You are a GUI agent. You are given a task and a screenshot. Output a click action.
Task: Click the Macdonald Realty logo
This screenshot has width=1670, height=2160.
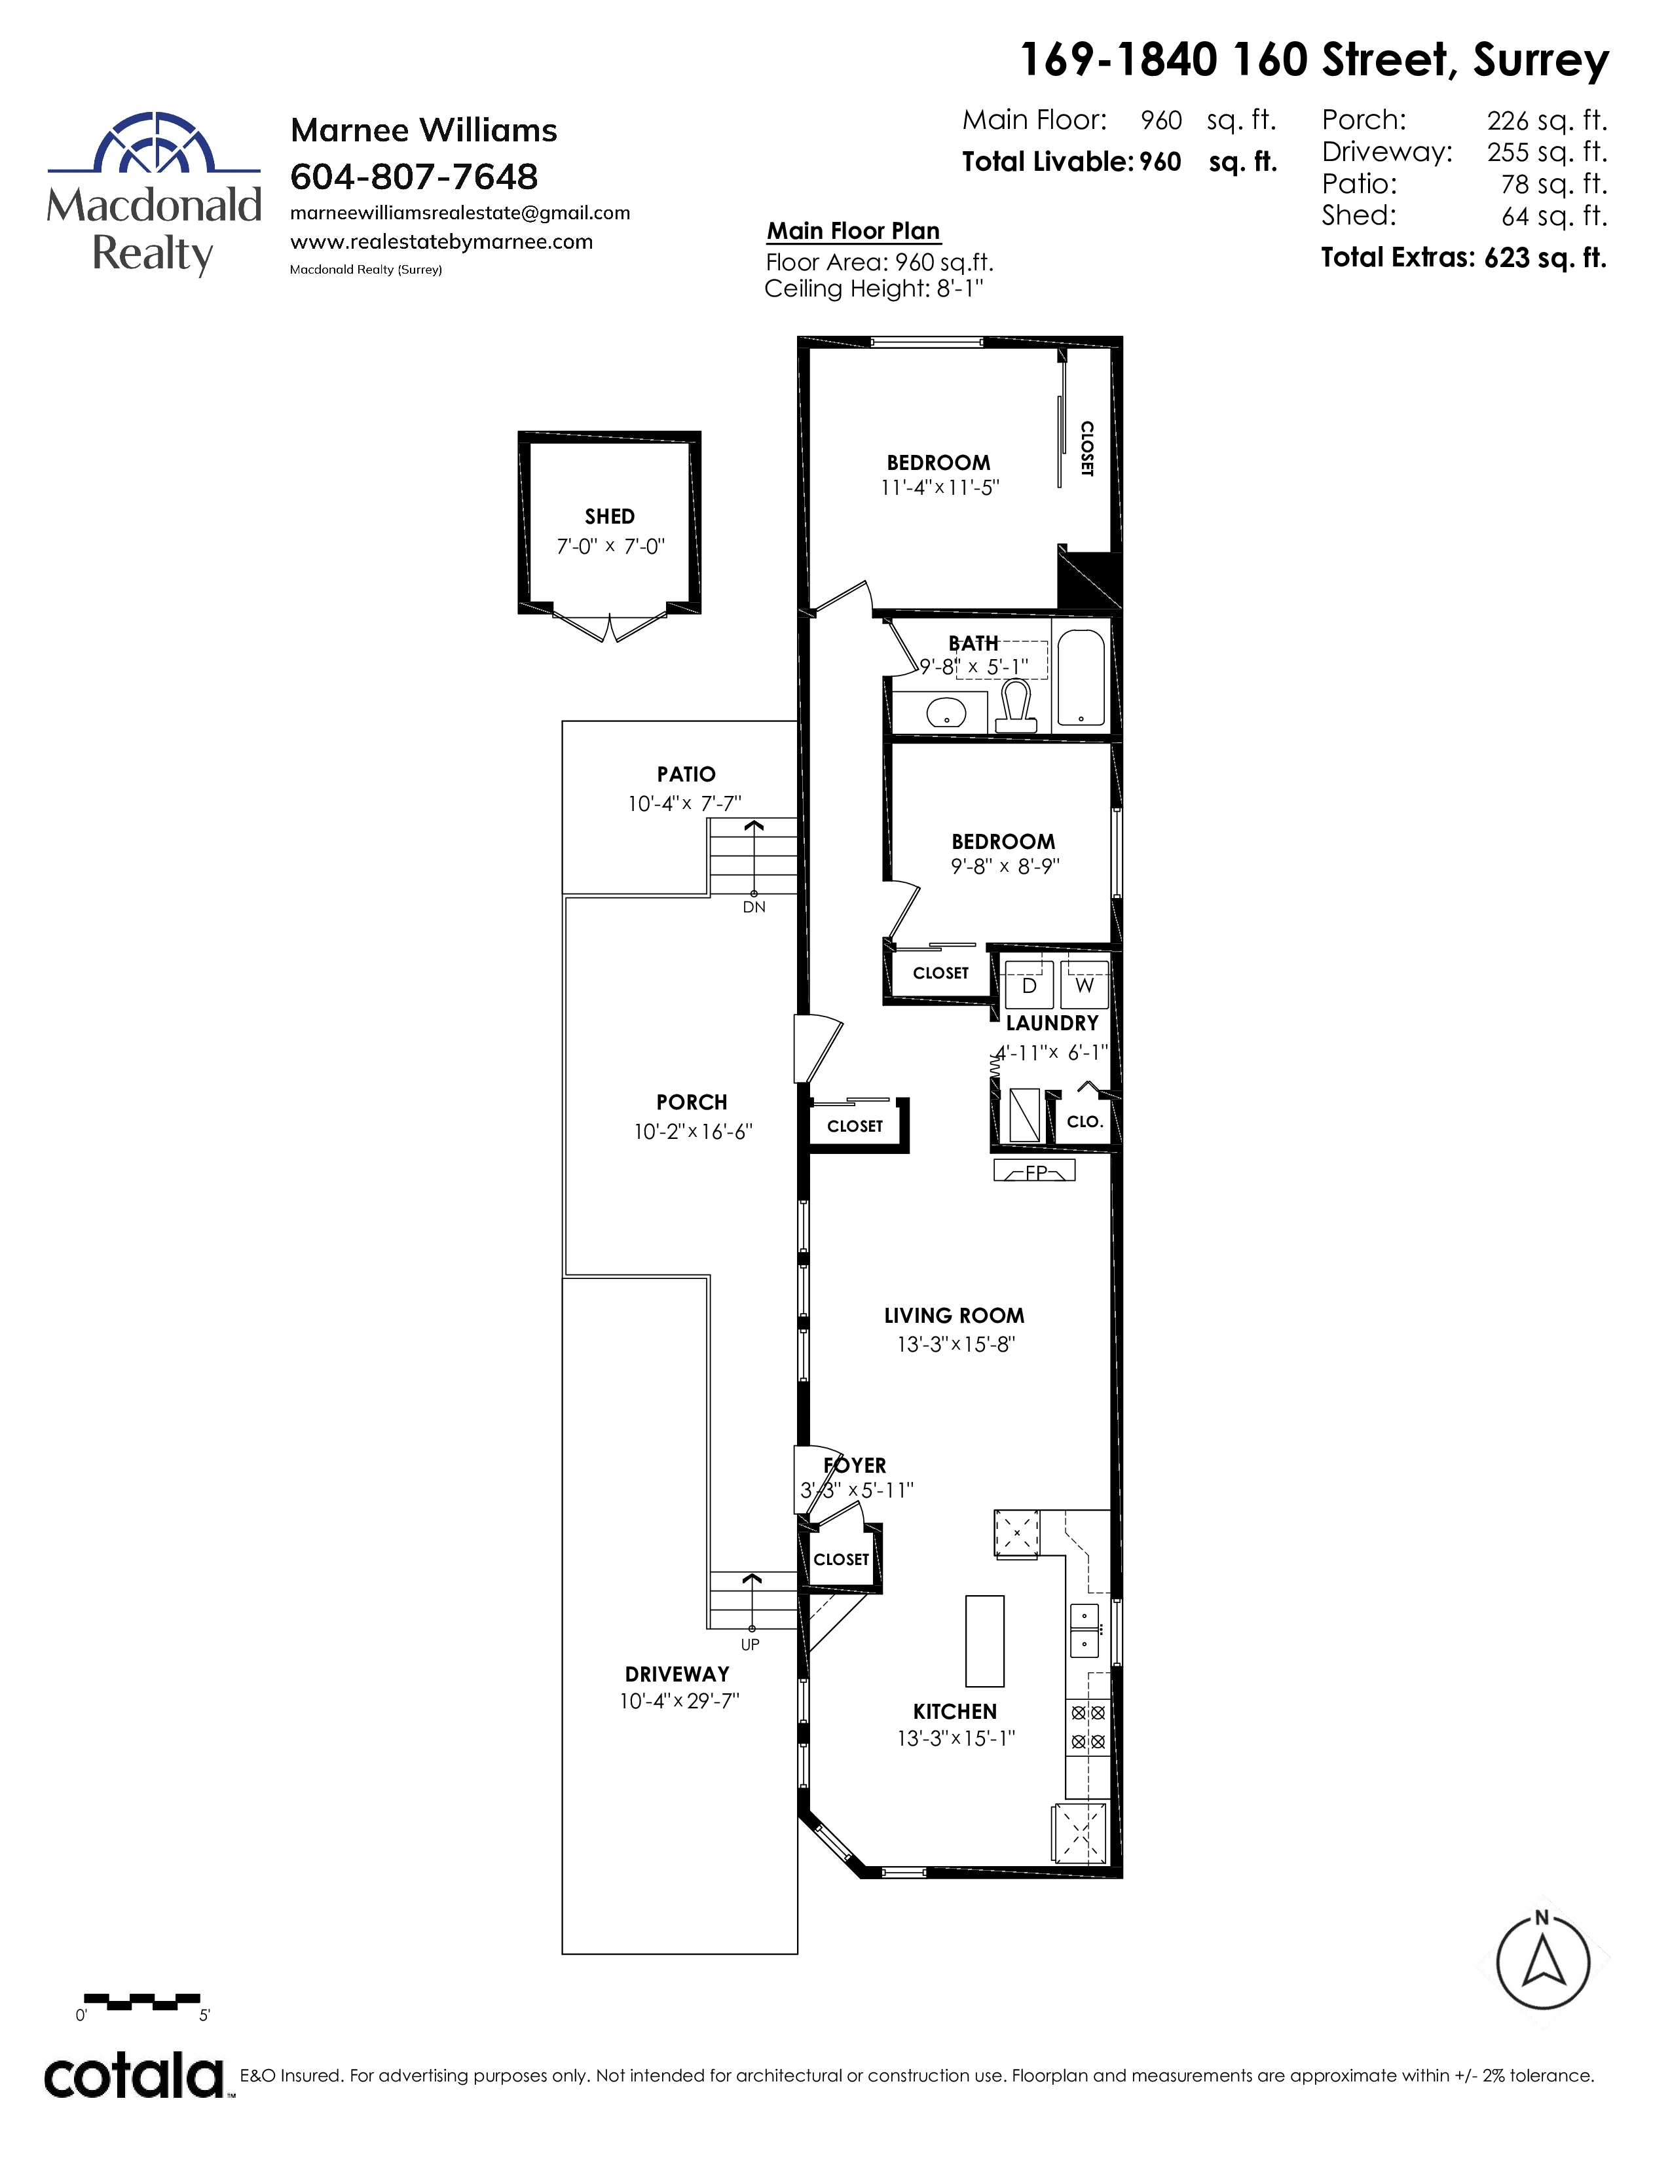point(155,194)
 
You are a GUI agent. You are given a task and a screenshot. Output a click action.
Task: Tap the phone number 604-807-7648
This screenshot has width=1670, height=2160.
point(415,177)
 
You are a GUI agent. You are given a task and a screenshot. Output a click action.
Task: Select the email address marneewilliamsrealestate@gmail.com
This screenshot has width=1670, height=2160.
point(460,213)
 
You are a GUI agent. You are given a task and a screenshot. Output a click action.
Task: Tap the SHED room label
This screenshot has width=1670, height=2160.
point(610,516)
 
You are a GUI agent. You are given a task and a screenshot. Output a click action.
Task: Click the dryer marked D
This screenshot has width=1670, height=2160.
point(1029,985)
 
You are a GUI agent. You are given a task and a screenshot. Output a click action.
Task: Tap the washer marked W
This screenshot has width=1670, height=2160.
point(1085,985)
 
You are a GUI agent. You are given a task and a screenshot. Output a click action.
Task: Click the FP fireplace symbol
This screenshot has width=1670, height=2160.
point(1035,1171)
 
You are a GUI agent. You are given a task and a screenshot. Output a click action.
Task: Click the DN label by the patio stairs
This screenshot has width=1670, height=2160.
point(754,907)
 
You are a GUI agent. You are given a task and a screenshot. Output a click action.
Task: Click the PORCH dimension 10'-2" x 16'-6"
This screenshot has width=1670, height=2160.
point(694,1132)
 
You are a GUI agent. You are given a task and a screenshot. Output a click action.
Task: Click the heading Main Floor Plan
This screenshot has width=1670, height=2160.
point(854,232)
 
